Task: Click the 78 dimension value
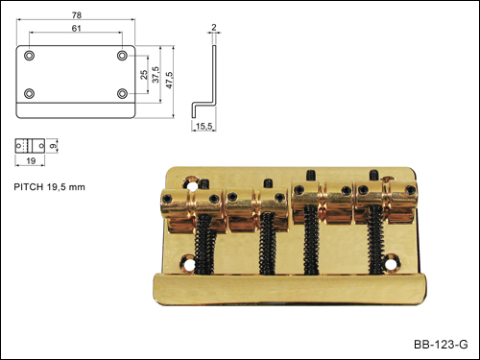77,15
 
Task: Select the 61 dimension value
76,29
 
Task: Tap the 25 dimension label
144,75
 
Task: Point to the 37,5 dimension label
156,75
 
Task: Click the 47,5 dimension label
169,80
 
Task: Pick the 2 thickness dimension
214,28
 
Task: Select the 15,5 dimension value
204,126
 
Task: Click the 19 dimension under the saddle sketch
31,160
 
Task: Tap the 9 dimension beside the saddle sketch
54,146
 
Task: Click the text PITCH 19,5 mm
50,187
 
